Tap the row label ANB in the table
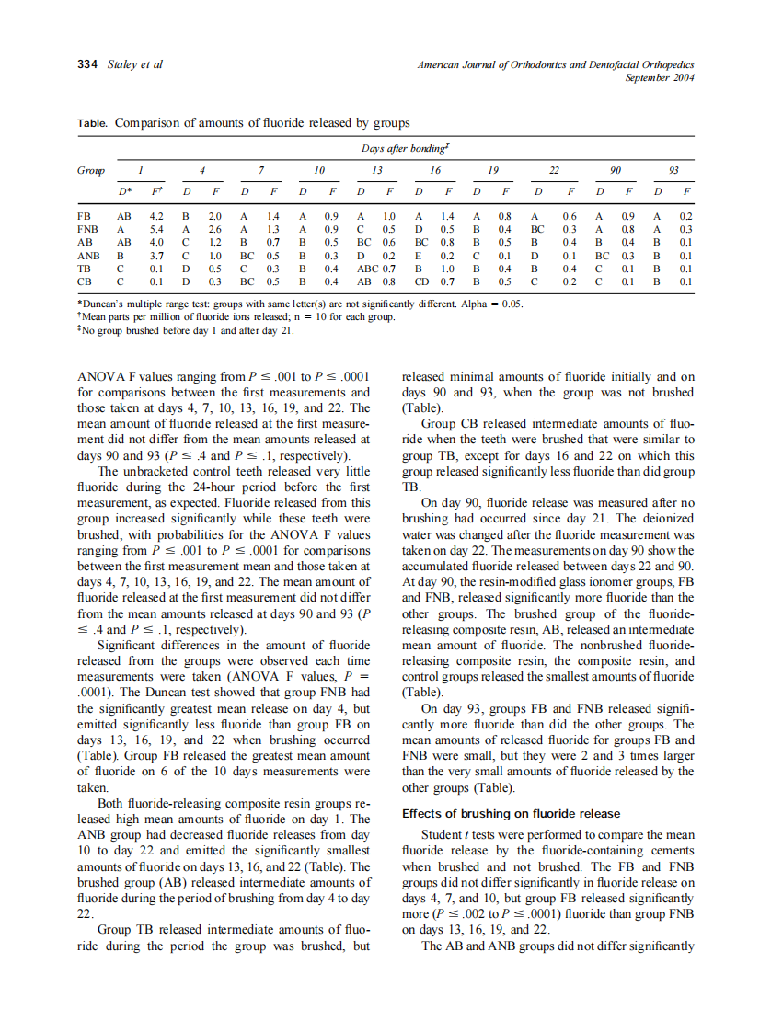click(x=88, y=255)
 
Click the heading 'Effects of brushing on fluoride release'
click(x=511, y=814)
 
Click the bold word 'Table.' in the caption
click(x=93, y=122)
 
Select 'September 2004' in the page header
click(x=659, y=77)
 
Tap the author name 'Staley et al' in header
click(x=136, y=64)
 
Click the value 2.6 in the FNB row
click(x=213, y=228)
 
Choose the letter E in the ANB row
click(x=420, y=255)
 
